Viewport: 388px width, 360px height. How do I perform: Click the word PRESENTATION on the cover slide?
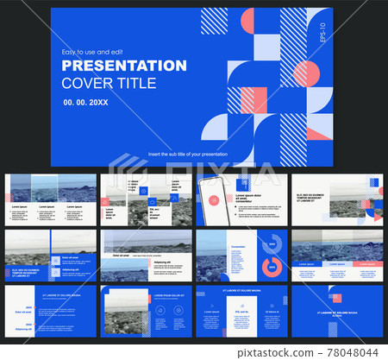pos(124,66)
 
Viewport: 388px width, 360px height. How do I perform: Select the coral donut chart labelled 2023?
pos(274,266)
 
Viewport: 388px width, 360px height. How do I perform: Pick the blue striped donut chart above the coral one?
pos(274,243)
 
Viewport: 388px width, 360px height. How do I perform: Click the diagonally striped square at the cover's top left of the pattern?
pos(214,21)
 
